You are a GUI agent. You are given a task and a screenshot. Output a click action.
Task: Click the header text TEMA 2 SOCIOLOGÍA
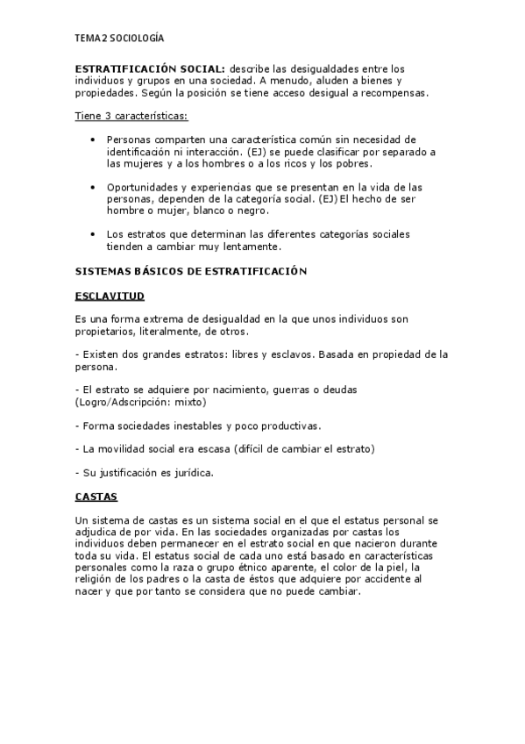coord(119,39)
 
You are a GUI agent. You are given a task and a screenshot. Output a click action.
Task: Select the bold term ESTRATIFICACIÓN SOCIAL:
coord(150,68)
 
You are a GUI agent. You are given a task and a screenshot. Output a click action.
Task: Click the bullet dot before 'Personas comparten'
coord(94,139)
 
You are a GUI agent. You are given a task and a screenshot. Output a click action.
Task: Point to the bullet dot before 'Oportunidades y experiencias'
coord(94,187)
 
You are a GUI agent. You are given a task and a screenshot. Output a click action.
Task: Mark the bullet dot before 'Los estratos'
coord(94,234)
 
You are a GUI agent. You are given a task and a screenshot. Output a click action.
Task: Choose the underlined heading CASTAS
coord(96,497)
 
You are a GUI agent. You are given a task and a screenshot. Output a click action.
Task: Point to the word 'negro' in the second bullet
coord(252,211)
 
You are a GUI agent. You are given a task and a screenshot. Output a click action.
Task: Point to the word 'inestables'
coord(195,426)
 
